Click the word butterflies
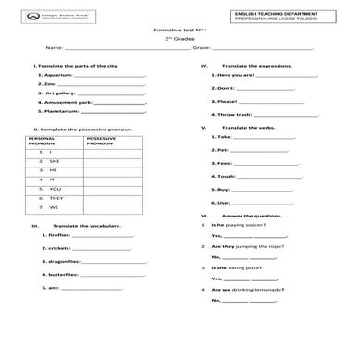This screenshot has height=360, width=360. [x=59, y=275]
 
